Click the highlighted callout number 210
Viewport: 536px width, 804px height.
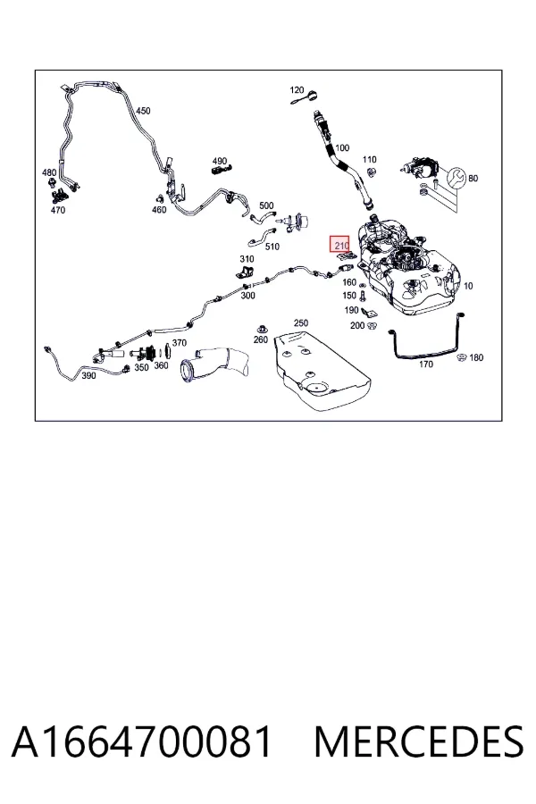[x=341, y=245]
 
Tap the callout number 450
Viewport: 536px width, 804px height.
[x=143, y=111]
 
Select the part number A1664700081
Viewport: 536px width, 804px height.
[x=141, y=741]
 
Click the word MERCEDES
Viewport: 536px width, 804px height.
[x=419, y=741]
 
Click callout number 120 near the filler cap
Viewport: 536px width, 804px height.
[x=297, y=90]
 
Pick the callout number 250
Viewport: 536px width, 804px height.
[x=300, y=323]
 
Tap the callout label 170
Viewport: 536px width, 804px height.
[x=426, y=364]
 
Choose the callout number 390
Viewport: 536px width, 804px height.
[x=88, y=376]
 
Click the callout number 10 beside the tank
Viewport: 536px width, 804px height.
[x=468, y=286]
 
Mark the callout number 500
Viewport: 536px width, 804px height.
[x=266, y=205]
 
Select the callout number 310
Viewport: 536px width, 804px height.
[x=247, y=259]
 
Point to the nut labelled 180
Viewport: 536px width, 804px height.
[x=461, y=357]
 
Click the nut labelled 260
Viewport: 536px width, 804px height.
[x=261, y=329]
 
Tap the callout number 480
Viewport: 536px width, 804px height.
[x=49, y=172]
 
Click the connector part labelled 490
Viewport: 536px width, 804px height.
[x=221, y=169]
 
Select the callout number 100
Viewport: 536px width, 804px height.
[x=341, y=147]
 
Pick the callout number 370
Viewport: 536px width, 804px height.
[x=179, y=342]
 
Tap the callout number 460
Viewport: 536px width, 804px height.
[x=159, y=210]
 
